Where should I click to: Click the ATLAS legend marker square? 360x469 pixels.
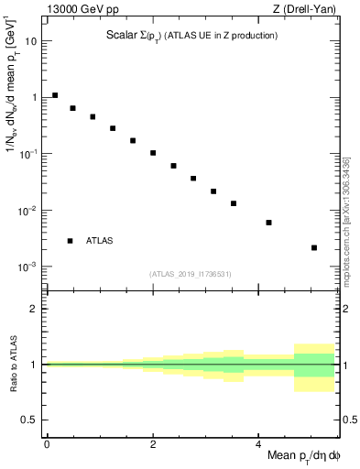(x=70, y=241)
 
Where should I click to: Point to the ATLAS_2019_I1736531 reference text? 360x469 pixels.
(x=191, y=274)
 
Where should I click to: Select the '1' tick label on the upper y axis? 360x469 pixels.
(x=35, y=97)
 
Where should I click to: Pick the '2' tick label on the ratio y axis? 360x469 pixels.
(x=35, y=310)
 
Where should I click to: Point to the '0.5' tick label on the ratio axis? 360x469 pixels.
(x=30, y=420)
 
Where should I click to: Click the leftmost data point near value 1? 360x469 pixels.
(x=55, y=95)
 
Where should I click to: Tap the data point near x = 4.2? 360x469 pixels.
(x=269, y=223)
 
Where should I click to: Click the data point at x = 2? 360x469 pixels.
(x=153, y=153)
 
